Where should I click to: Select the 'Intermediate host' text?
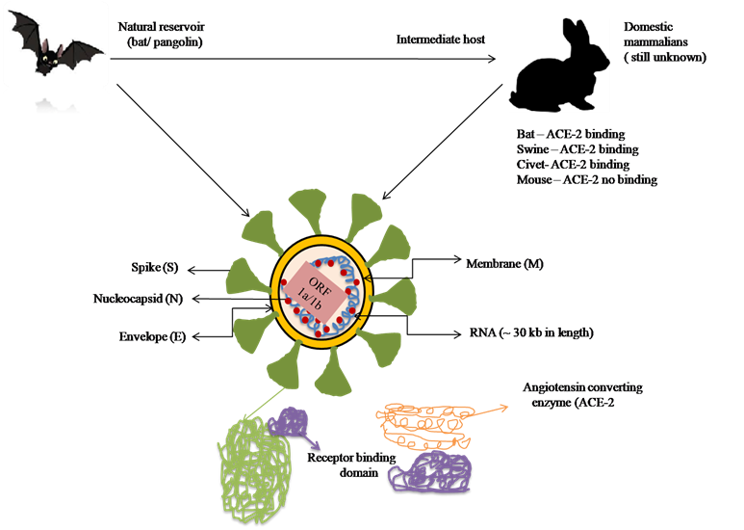point(440,40)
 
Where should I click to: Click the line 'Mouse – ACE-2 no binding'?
point(587,180)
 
